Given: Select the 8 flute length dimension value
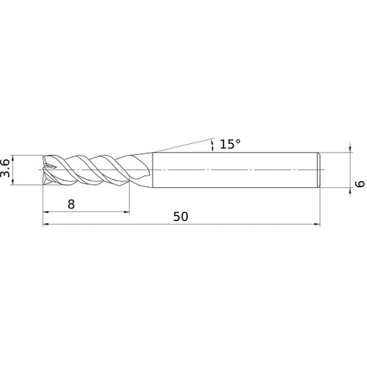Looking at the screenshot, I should [x=70, y=205].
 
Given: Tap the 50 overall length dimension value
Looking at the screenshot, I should [x=181, y=217].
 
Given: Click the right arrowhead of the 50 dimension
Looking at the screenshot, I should [x=317, y=225].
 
